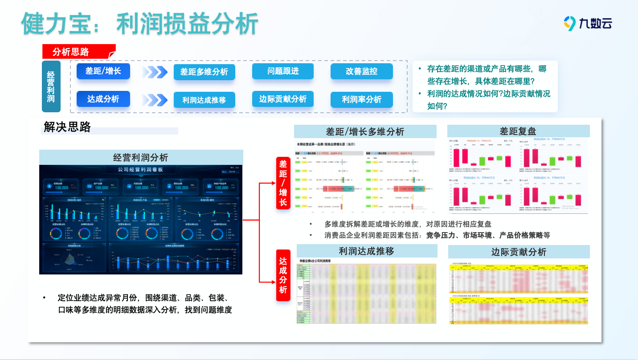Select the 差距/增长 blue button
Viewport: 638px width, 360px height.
[x=103, y=71]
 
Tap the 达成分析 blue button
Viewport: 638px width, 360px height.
[x=103, y=99]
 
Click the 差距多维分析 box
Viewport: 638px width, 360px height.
[x=204, y=72]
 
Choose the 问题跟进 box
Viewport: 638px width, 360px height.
[x=283, y=71]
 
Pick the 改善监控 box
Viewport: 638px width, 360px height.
[x=361, y=71]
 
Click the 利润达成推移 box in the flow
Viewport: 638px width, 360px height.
[x=204, y=100]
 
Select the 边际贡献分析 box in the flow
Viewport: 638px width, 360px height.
[x=283, y=99]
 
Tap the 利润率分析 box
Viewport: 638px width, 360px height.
[x=361, y=100]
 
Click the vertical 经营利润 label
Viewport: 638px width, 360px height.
[x=51, y=86]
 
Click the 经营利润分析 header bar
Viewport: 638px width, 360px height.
[x=141, y=157]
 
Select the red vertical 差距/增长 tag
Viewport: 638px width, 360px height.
[x=283, y=183]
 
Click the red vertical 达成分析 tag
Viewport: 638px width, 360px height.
[x=283, y=275]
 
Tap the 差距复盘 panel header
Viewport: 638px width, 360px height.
[x=518, y=131]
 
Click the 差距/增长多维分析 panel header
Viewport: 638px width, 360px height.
[x=365, y=131]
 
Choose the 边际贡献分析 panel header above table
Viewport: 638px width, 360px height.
[x=519, y=252]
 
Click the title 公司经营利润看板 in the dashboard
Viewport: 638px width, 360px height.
[x=140, y=170]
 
